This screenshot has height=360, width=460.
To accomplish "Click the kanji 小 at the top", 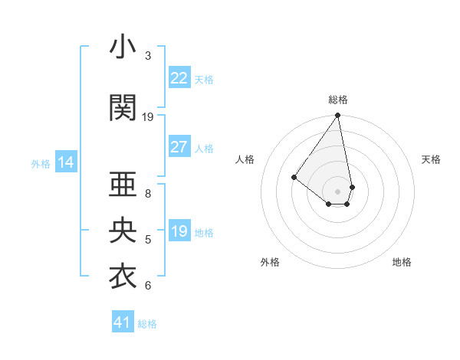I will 123,48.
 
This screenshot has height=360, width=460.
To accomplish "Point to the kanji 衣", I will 123,277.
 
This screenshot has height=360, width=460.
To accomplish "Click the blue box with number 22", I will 179,78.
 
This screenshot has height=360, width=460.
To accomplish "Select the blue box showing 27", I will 179,148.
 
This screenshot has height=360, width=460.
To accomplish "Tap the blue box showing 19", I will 179,231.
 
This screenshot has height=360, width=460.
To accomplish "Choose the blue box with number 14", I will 65,162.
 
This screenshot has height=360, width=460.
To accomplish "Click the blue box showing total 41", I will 123,322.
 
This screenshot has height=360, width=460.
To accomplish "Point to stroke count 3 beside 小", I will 148,56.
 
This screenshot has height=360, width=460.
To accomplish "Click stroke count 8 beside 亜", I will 148,194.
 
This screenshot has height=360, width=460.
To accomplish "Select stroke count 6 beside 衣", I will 148,286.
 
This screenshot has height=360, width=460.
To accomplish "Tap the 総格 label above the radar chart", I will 338,100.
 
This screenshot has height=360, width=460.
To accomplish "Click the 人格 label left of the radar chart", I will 245,159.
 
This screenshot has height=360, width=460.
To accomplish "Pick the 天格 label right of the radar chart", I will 431,159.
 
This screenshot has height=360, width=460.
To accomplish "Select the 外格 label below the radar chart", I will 270,262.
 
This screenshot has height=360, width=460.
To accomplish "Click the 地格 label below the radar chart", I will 402,262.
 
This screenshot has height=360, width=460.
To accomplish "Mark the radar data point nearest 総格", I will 338,116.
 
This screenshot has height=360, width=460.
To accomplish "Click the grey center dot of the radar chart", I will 338,191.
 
